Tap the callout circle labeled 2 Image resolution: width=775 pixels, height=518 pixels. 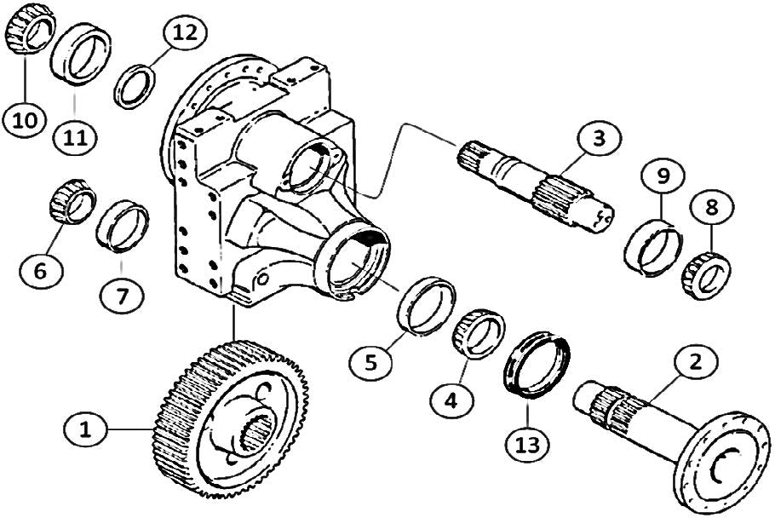pyautogui.click(x=696, y=364)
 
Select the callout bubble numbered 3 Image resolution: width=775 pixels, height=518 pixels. pyautogui.click(x=600, y=139)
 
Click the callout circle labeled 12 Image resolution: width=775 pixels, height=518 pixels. pyautogui.click(x=184, y=35)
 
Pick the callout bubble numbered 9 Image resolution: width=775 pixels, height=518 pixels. pyautogui.click(x=662, y=177)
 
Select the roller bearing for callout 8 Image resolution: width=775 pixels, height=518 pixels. pyautogui.click(x=703, y=268)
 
